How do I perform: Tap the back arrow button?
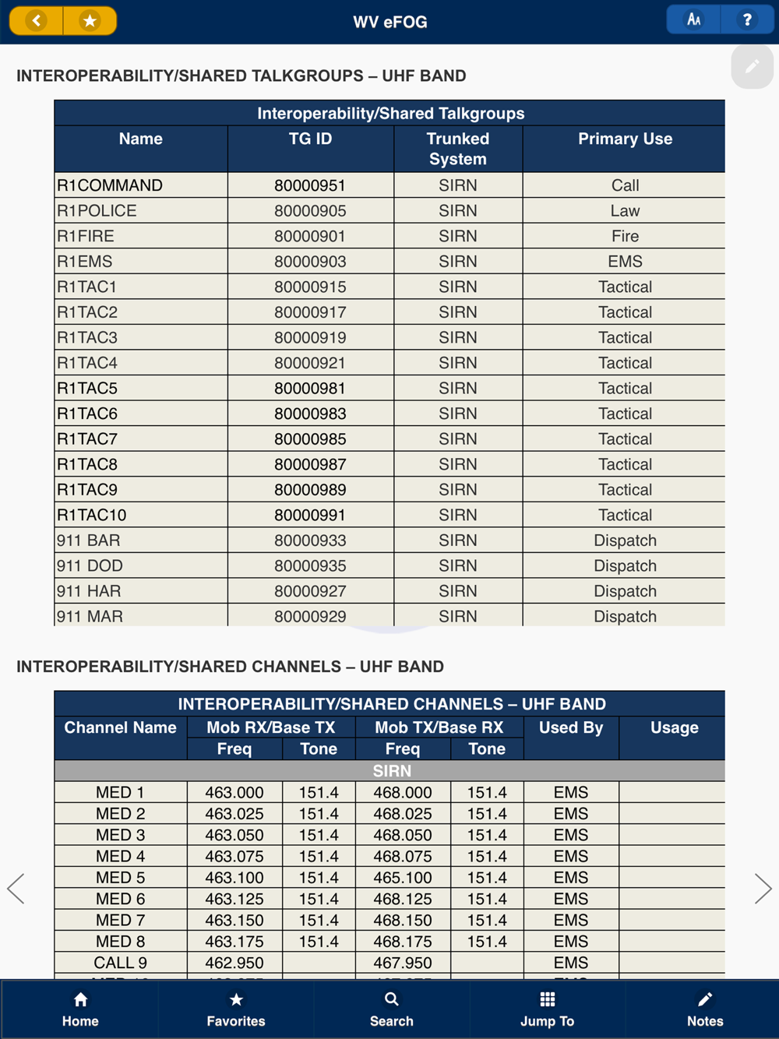click(x=36, y=21)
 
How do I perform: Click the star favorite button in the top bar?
click(x=90, y=21)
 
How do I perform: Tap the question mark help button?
click(x=747, y=20)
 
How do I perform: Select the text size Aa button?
click(x=694, y=20)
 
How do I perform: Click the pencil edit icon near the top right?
click(x=752, y=67)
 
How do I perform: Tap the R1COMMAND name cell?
click(x=110, y=185)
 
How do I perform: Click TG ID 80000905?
click(x=310, y=211)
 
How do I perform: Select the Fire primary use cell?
click(x=625, y=236)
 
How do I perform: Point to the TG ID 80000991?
click(x=310, y=515)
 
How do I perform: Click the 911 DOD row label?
click(x=90, y=565)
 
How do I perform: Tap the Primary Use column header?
click(x=625, y=139)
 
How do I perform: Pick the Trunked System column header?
click(x=458, y=149)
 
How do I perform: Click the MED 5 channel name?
click(x=120, y=878)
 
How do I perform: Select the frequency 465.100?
click(x=403, y=878)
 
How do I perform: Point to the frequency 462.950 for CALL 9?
click(x=234, y=963)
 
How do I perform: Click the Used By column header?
click(x=571, y=727)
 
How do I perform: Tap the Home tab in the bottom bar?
click(x=80, y=1009)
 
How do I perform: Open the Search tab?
click(x=392, y=1009)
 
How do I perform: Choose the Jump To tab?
click(x=548, y=1009)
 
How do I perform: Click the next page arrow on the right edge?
click(x=763, y=889)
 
